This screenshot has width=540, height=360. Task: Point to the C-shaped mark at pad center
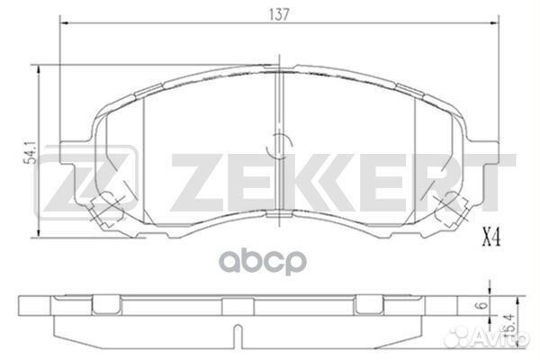pos(278,141)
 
